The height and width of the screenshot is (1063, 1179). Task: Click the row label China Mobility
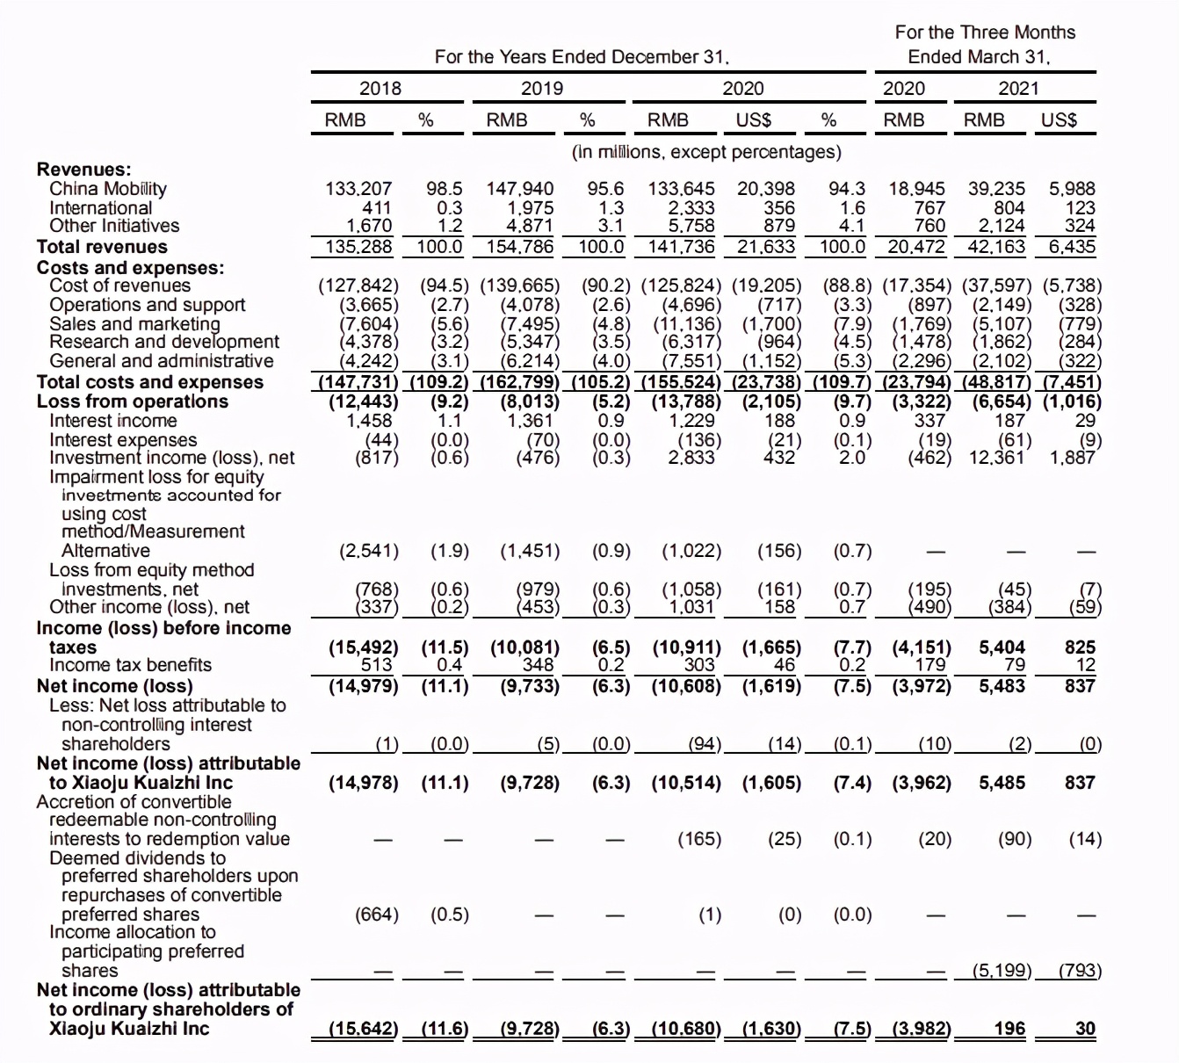[108, 189]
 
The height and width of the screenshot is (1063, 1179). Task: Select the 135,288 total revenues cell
[358, 247]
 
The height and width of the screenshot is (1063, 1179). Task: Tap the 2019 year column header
[542, 89]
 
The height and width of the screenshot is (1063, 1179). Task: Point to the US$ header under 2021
[1059, 120]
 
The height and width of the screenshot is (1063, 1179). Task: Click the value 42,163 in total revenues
[996, 247]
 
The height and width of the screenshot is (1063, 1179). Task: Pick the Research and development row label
[164, 342]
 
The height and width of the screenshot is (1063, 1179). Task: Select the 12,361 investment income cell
[996, 458]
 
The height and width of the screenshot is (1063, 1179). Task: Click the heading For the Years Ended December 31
[582, 57]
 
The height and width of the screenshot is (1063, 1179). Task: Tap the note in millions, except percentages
[706, 152]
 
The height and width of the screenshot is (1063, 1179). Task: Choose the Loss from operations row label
[132, 401]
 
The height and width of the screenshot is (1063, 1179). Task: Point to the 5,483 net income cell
[1002, 686]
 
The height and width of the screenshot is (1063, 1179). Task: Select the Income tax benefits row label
[130, 665]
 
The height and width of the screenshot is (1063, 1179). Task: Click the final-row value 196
[1009, 1029]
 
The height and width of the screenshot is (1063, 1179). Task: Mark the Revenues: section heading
[83, 170]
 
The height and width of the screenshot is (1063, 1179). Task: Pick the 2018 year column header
[380, 89]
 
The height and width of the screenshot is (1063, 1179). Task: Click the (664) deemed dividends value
[376, 915]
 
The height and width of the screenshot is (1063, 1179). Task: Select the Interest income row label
[113, 421]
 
